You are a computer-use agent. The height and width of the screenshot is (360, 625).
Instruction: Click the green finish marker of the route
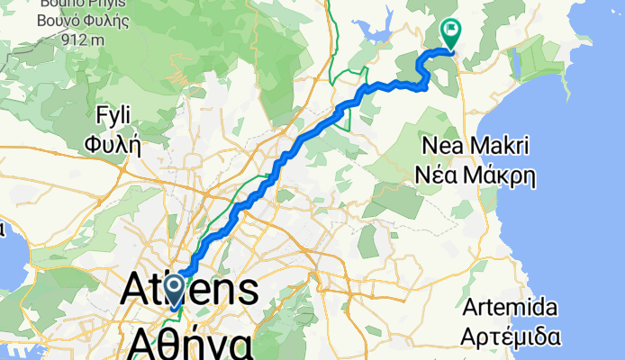(448, 33)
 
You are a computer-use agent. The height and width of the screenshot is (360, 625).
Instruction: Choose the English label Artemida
(511, 309)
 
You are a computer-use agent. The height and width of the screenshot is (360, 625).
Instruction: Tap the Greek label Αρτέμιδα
(512, 337)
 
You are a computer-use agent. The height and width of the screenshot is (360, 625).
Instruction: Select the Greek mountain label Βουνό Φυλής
(79, 21)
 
